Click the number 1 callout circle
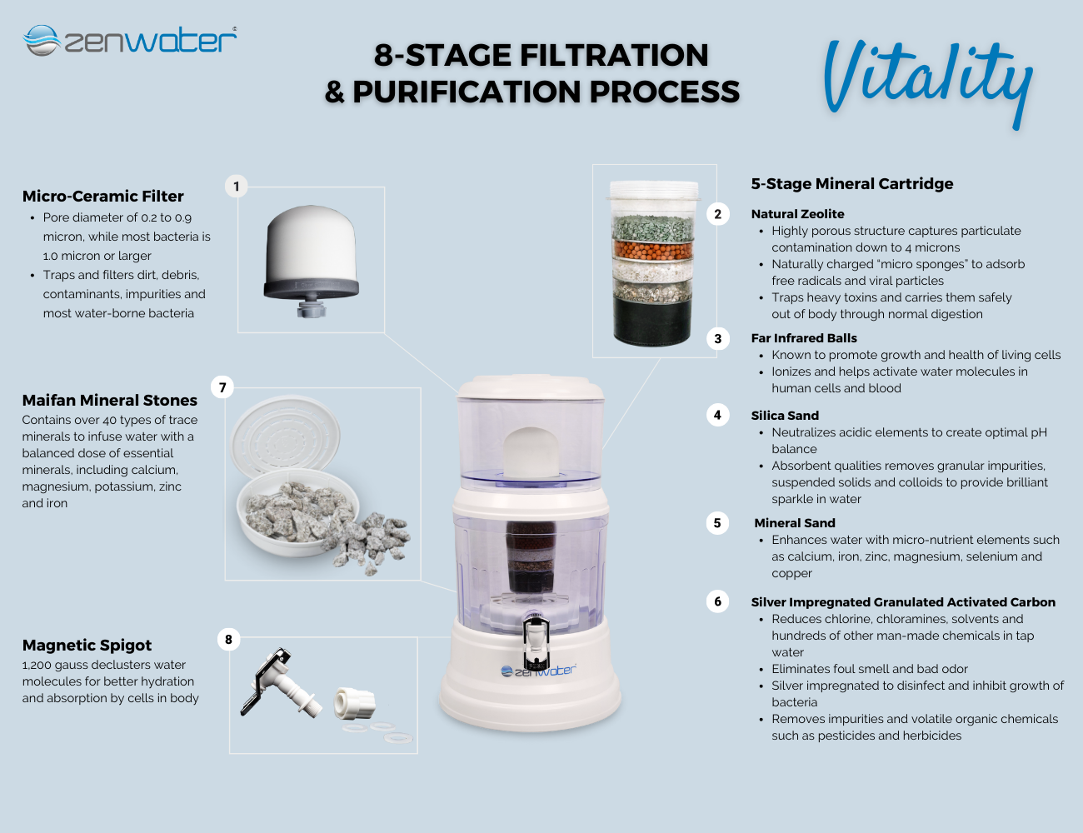237,187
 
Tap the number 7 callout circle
222,387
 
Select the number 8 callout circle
228,639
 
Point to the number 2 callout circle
717,214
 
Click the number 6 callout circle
717,601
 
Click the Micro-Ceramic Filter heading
102,197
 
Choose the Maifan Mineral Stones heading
110,400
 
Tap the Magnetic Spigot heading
87,646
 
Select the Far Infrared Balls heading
804,338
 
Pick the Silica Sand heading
785,416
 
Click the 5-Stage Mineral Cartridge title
851,184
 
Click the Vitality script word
927,82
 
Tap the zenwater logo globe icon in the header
42,40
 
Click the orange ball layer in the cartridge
653,250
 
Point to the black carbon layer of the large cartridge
652,321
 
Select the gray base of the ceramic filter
311,288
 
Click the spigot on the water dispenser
536,641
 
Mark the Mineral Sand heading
795,523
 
